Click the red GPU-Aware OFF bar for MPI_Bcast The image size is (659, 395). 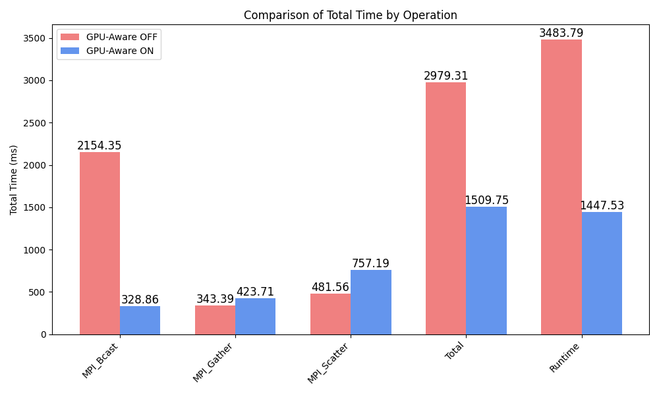[100, 244]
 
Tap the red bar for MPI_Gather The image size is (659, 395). [215, 320]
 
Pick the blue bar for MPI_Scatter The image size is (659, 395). [370, 302]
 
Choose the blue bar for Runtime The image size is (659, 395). [602, 273]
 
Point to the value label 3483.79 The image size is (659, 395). [561, 33]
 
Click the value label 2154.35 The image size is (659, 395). [100, 146]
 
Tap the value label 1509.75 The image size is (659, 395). [486, 200]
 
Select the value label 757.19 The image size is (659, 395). [370, 263]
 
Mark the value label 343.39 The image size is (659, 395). [215, 299]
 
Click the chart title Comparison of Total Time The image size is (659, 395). [350, 15]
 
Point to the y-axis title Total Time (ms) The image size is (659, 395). [14, 180]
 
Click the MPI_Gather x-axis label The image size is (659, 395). [214, 363]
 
